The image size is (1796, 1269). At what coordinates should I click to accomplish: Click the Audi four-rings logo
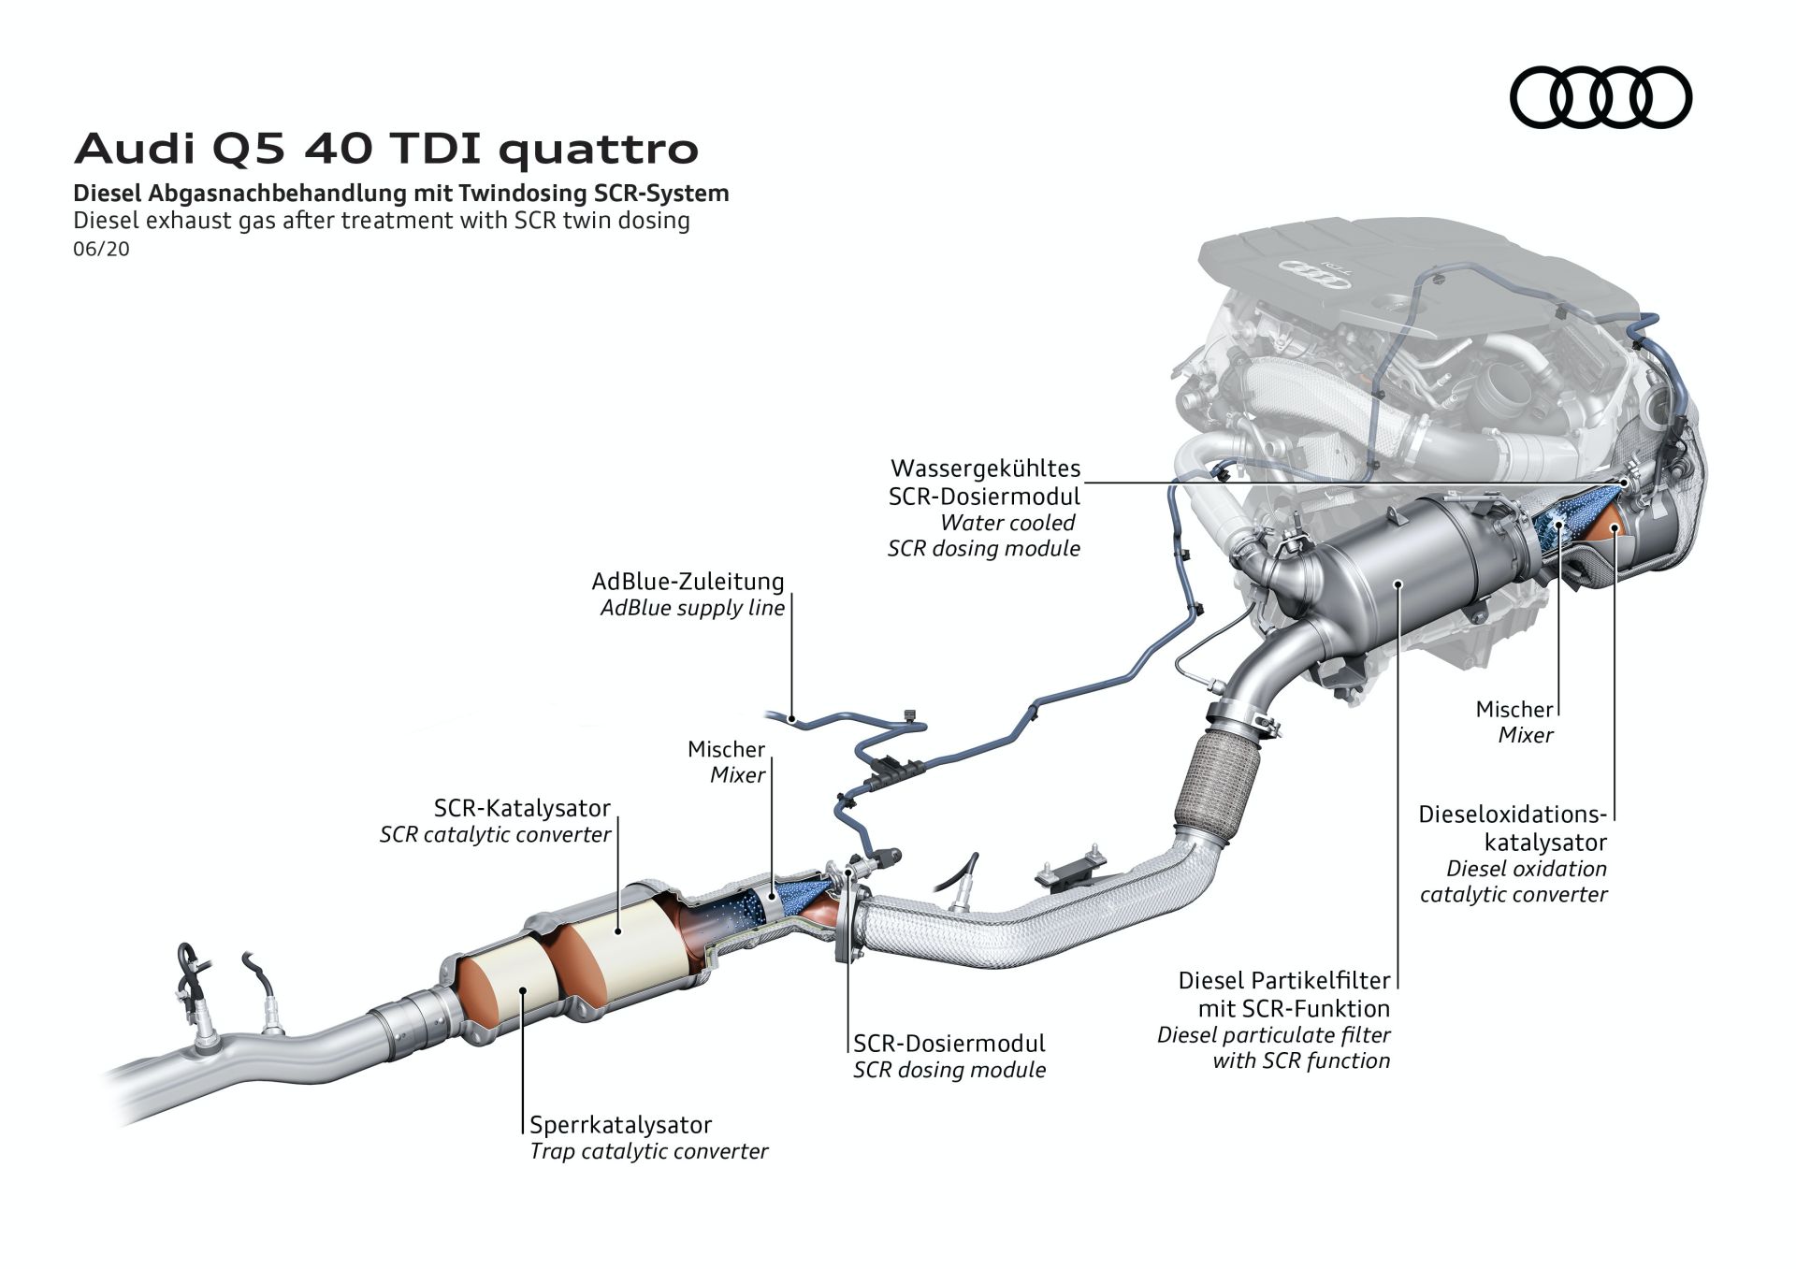click(x=1600, y=97)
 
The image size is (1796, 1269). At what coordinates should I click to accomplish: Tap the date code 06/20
click(x=101, y=250)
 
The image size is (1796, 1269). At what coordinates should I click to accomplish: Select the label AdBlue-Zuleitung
click(x=688, y=581)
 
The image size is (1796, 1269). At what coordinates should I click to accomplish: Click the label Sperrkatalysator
click(x=620, y=1124)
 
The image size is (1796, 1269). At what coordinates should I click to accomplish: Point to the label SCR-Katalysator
click(x=522, y=807)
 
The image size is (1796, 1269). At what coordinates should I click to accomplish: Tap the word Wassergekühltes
click(x=985, y=468)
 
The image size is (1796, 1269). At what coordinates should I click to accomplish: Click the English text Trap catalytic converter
click(x=648, y=1151)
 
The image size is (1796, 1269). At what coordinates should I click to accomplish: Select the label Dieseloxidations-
click(x=1512, y=814)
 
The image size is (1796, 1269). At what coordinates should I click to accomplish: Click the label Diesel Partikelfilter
click(x=1283, y=981)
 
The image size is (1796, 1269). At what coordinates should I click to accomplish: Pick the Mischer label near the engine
click(x=1514, y=709)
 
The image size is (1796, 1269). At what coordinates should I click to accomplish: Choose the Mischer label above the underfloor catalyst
click(x=726, y=749)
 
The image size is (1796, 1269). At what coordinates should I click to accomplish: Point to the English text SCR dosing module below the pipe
click(x=949, y=1070)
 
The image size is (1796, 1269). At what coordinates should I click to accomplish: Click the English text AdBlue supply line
click(x=692, y=608)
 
